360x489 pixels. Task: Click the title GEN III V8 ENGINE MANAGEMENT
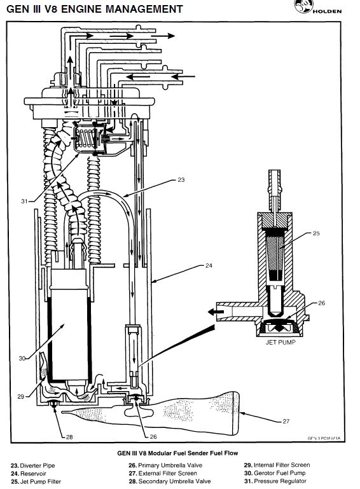92,9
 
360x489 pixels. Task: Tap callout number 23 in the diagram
181,181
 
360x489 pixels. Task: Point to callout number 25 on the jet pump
316,234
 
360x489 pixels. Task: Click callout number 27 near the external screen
286,420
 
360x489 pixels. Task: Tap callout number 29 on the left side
20,396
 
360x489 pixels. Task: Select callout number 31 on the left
24,202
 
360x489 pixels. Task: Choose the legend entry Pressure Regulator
275,481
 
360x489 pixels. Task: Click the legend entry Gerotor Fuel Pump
276,473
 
